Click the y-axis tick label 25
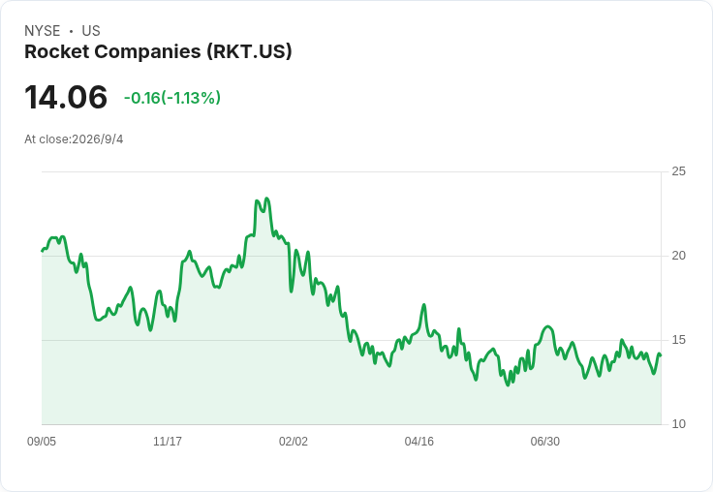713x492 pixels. click(x=678, y=171)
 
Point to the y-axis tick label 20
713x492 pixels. click(x=678, y=256)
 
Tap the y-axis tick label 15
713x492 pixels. click(x=678, y=340)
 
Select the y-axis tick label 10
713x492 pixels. click(x=678, y=424)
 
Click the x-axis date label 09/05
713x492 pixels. click(x=42, y=442)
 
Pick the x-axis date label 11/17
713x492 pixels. click(x=168, y=442)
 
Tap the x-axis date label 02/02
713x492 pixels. click(x=294, y=442)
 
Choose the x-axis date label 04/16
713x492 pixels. click(x=418, y=442)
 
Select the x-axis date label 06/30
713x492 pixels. click(x=544, y=442)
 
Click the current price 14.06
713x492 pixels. click(x=66, y=97)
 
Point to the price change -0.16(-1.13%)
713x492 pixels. click(x=172, y=98)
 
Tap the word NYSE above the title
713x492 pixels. click(x=43, y=31)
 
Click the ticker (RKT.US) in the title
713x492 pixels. click(x=249, y=52)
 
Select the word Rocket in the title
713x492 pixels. click(x=57, y=52)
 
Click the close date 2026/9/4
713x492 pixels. click(x=97, y=139)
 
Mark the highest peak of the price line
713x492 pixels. click(x=267, y=199)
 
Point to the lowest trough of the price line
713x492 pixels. click(x=508, y=385)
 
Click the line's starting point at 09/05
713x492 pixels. click(x=43, y=251)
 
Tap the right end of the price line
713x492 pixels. click(x=661, y=355)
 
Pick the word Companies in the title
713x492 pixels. click(x=148, y=52)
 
